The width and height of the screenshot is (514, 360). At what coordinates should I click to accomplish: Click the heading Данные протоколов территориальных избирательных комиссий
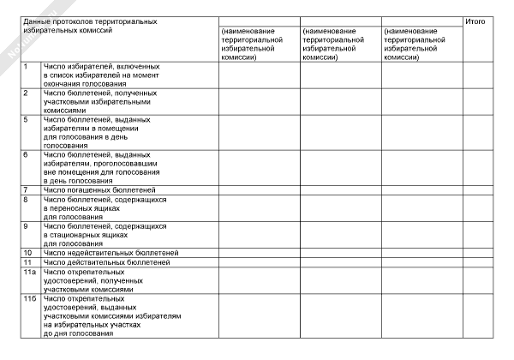pyautogui.click(x=89, y=25)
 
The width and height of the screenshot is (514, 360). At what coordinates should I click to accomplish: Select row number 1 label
pyautogui.click(x=26, y=66)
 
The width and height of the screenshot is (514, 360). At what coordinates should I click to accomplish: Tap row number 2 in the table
pyautogui.click(x=26, y=92)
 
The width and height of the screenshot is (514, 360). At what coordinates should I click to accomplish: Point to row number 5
pyautogui.click(x=26, y=119)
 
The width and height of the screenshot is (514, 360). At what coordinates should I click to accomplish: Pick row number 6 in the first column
pyautogui.click(x=26, y=154)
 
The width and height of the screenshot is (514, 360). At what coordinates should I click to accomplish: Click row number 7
pyautogui.click(x=26, y=189)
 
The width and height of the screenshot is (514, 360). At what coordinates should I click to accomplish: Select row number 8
pyautogui.click(x=26, y=200)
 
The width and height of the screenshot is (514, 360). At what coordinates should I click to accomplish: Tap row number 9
pyautogui.click(x=26, y=226)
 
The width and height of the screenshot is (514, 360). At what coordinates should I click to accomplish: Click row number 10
pyautogui.click(x=27, y=253)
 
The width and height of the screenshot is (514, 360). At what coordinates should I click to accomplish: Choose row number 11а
pyautogui.click(x=28, y=272)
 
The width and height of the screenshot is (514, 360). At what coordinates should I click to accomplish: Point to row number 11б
pyautogui.click(x=28, y=298)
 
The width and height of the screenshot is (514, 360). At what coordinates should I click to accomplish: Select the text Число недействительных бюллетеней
pyautogui.click(x=111, y=253)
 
